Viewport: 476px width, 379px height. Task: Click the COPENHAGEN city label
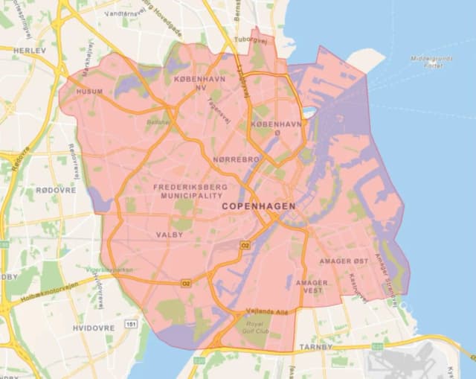[x=258, y=206]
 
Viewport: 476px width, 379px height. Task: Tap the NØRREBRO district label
[x=236, y=160]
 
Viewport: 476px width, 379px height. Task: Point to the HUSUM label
[x=90, y=92]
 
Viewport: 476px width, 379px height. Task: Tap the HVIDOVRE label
[x=93, y=328]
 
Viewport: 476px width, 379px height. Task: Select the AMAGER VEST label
[x=311, y=287]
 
